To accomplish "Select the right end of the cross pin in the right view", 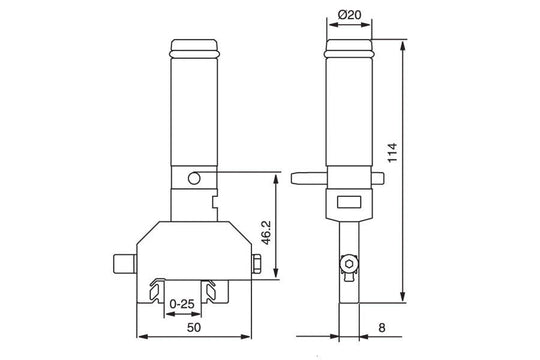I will pos(380,178).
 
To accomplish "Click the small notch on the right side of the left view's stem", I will pos(216,202).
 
